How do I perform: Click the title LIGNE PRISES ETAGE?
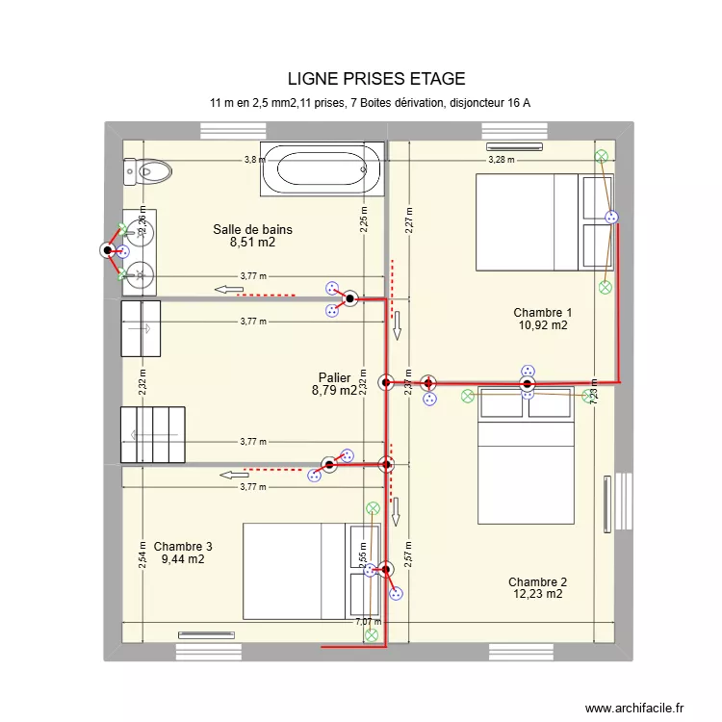tap(375, 79)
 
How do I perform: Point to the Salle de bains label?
tap(252, 230)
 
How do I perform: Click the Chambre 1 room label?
tap(542, 313)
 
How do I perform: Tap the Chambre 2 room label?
tap(537, 581)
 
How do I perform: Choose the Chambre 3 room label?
tap(183, 546)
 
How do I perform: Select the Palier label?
tap(334, 378)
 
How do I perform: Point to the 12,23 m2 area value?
tap(537, 595)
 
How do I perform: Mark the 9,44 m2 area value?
tap(183, 559)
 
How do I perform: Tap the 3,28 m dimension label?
tap(501, 160)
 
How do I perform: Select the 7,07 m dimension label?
tap(367, 622)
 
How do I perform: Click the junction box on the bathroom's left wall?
tap(106, 251)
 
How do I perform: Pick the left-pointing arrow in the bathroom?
tap(228, 290)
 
